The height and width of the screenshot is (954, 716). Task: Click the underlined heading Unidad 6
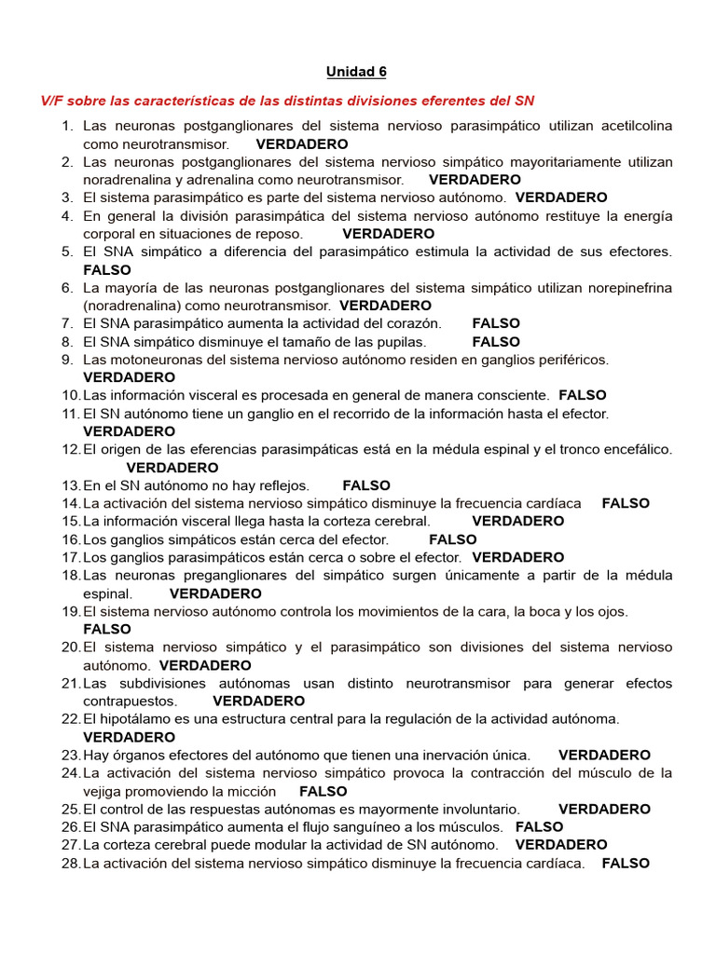coord(356,72)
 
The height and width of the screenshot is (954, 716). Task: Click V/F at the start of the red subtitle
coord(51,100)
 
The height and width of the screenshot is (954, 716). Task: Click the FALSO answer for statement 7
coord(496,323)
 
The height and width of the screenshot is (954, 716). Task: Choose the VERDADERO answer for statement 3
coord(561,198)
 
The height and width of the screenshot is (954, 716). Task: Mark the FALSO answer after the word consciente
coord(583,395)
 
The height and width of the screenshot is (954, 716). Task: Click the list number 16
coord(71,539)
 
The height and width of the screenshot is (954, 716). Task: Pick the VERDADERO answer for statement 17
coord(518,557)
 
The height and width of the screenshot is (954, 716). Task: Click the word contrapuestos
coord(129,701)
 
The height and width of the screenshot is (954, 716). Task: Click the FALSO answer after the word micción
coord(324,791)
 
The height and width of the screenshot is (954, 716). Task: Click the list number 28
coord(71,864)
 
